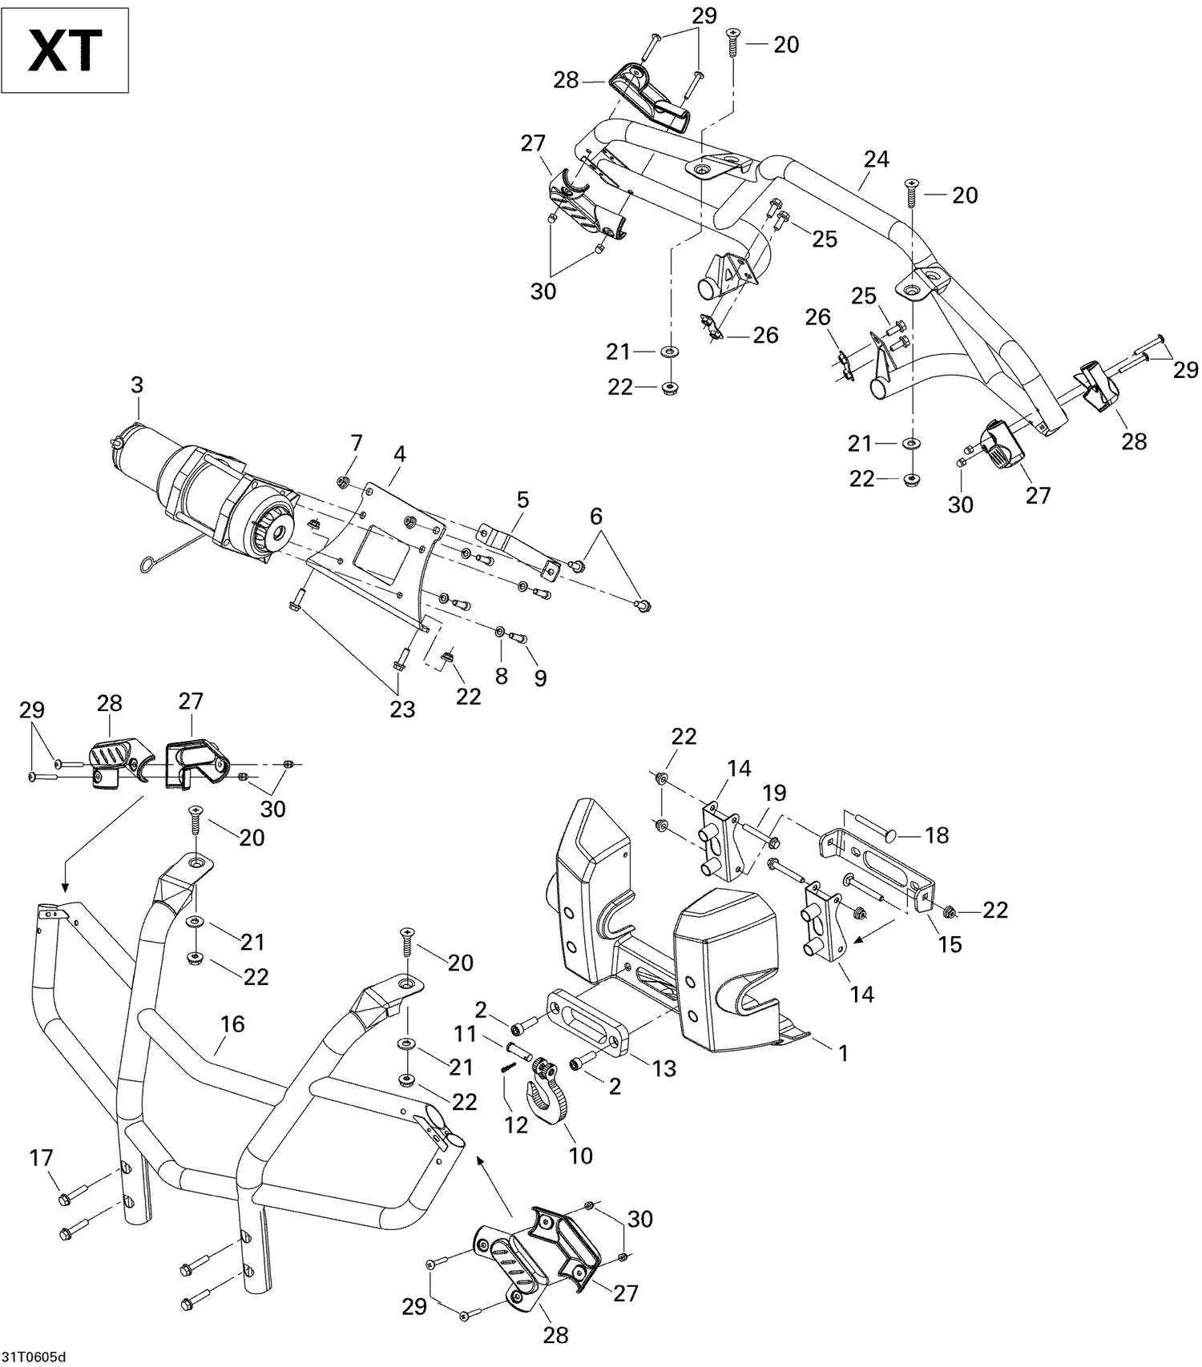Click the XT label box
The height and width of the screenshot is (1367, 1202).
(x=65, y=50)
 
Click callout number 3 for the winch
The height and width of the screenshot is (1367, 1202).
(x=137, y=385)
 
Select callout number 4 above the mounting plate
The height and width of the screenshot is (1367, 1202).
(x=399, y=455)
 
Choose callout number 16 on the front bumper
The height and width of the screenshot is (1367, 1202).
(x=232, y=1024)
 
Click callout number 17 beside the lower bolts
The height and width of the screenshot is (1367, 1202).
(x=41, y=1157)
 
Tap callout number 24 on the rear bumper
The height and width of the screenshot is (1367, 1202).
(x=876, y=159)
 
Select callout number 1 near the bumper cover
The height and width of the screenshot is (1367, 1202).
(x=842, y=1054)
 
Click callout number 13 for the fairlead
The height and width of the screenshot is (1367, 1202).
(x=664, y=1068)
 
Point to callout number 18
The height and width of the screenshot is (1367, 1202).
(x=936, y=836)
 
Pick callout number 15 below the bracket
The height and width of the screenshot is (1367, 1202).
(x=950, y=944)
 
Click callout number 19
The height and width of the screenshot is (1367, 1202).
(x=774, y=794)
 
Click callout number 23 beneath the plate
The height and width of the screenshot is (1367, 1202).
(x=402, y=710)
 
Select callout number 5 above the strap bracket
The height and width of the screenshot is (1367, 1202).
(x=522, y=501)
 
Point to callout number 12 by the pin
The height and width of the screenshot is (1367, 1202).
(x=516, y=1124)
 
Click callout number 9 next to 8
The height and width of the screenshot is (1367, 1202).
(x=540, y=678)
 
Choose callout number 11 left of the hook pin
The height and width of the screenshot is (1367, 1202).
(x=466, y=1034)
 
